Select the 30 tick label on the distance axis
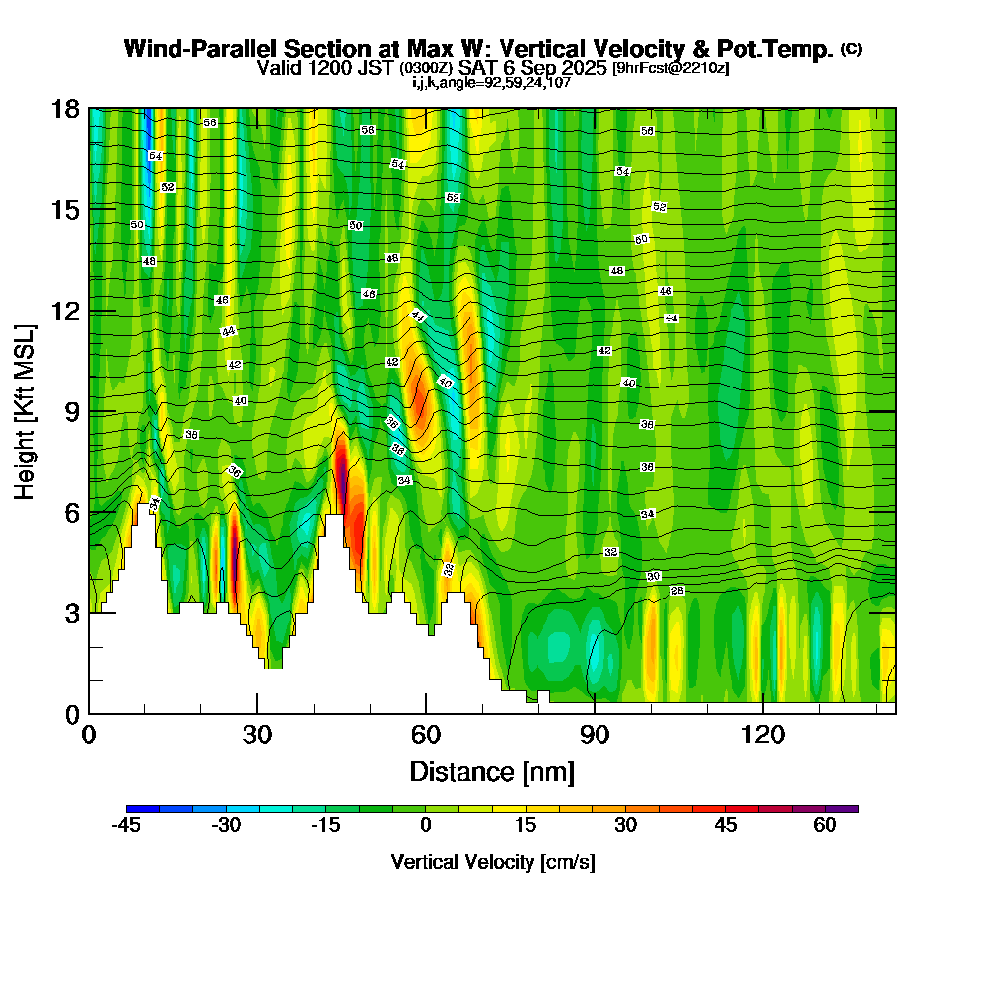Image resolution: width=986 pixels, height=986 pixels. point(257,736)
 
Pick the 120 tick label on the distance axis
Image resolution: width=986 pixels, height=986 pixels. point(763,736)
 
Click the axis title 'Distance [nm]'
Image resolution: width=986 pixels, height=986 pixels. point(492,771)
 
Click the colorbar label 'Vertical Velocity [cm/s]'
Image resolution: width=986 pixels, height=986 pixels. point(492,862)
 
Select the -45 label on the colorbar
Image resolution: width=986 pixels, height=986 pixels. point(127,826)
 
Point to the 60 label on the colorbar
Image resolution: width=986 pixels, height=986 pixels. point(825,826)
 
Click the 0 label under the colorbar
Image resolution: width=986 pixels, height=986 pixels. point(426,826)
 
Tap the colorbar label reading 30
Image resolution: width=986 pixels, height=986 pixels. point(625,826)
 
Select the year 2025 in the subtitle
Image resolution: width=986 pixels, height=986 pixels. point(580,68)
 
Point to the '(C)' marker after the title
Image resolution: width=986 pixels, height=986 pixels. point(851,48)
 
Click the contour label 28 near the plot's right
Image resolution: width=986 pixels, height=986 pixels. point(677,590)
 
